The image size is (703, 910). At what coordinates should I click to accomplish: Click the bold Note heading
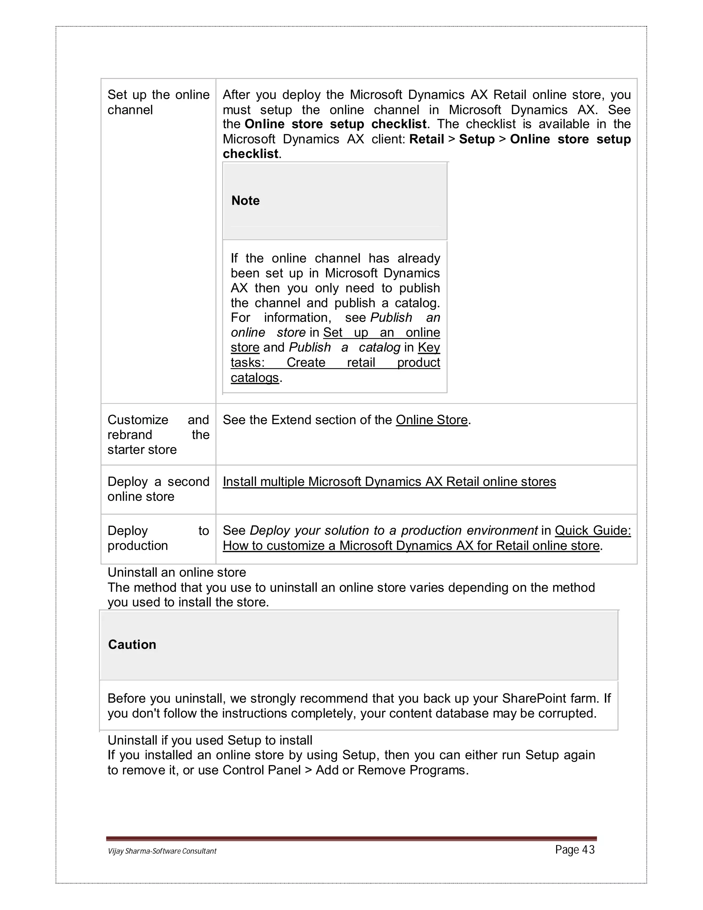pyautogui.click(x=245, y=201)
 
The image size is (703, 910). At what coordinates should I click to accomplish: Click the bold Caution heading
pyautogui.click(x=132, y=644)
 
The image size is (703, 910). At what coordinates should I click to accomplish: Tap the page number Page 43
pyautogui.click(x=575, y=850)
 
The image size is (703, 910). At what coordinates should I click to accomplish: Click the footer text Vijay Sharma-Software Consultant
pyautogui.click(x=162, y=851)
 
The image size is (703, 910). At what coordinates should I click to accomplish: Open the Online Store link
pyautogui.click(x=431, y=420)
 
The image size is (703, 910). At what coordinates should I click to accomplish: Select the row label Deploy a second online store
pyautogui.click(x=158, y=489)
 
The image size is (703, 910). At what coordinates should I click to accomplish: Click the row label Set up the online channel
pyautogui.click(x=158, y=102)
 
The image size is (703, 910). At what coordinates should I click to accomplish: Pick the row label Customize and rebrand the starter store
pyautogui.click(x=158, y=435)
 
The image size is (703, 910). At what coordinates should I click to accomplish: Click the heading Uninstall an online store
pyautogui.click(x=176, y=572)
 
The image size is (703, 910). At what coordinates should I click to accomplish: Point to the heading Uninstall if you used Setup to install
pyautogui.click(x=210, y=740)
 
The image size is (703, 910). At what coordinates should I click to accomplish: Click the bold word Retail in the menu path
pyautogui.click(x=426, y=139)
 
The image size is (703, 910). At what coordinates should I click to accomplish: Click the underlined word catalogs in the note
pyautogui.click(x=254, y=377)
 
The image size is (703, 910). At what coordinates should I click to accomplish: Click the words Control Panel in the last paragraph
pyautogui.click(x=261, y=770)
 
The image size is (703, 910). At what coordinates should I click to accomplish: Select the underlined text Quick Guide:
pyautogui.click(x=592, y=531)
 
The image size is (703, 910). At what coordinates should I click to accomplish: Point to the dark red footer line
pyautogui.click(x=351, y=838)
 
